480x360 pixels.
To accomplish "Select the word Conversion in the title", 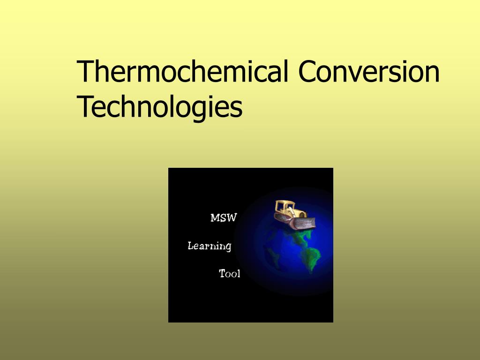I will point(368,71).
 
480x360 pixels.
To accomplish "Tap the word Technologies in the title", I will point(159,107).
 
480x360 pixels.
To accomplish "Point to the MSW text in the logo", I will point(224,218).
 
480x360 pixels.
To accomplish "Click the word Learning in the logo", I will point(209,246).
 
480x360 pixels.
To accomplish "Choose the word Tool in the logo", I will point(230,274).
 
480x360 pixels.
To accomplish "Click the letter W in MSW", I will point(231,218).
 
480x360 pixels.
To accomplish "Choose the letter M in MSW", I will point(215,218).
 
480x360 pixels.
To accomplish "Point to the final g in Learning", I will point(228,248).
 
